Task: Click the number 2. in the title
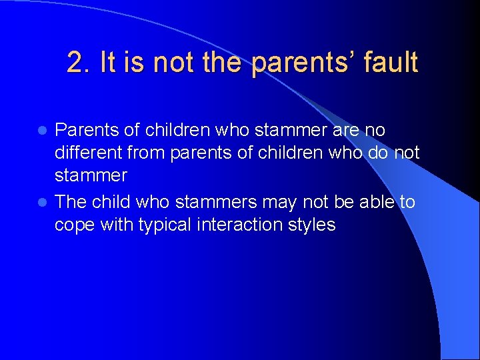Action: click(x=78, y=63)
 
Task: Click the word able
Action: click(x=375, y=201)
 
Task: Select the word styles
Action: click(x=313, y=225)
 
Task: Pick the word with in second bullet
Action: click(x=116, y=225)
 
